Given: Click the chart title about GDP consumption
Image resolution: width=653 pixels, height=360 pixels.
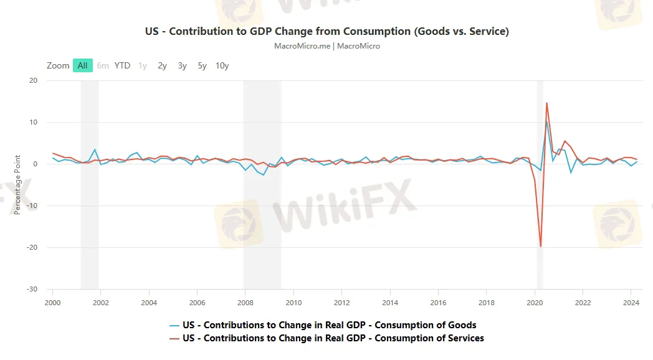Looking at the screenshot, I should (x=326, y=31).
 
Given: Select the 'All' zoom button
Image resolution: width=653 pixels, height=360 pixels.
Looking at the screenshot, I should (x=83, y=65).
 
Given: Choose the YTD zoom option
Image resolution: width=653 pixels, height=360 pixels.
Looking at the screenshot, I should (x=122, y=65).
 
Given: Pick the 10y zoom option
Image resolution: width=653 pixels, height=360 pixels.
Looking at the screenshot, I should (x=222, y=65).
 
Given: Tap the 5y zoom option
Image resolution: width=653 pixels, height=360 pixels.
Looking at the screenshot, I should (x=203, y=65).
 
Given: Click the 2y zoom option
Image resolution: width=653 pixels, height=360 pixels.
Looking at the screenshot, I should (x=163, y=65).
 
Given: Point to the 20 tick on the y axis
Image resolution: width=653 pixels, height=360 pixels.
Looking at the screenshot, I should (x=33, y=80).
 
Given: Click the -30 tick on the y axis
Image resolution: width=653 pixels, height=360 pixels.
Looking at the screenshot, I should (x=31, y=289).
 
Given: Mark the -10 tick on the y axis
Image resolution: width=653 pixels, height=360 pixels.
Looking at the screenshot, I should (x=31, y=206).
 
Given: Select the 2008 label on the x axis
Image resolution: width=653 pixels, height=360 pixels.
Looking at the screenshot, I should (x=245, y=303).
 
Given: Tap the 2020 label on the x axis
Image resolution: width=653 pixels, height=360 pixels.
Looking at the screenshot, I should (x=535, y=303).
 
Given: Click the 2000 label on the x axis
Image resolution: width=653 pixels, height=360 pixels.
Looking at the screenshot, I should (x=52, y=303).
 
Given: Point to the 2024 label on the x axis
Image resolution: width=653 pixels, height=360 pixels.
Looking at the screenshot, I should (x=631, y=303).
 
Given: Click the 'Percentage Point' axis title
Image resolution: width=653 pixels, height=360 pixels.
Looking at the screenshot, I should (x=17, y=184).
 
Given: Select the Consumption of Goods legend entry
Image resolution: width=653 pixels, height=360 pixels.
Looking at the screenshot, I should (x=330, y=325).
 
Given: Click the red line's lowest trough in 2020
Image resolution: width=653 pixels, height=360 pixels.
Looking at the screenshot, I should (x=540, y=247).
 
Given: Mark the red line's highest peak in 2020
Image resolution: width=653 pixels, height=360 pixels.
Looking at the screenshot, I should (x=546, y=103).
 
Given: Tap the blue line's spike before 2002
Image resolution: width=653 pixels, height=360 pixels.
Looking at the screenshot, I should (x=95, y=149).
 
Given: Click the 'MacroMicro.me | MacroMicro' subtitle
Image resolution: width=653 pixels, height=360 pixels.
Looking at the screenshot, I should (x=326, y=46).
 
